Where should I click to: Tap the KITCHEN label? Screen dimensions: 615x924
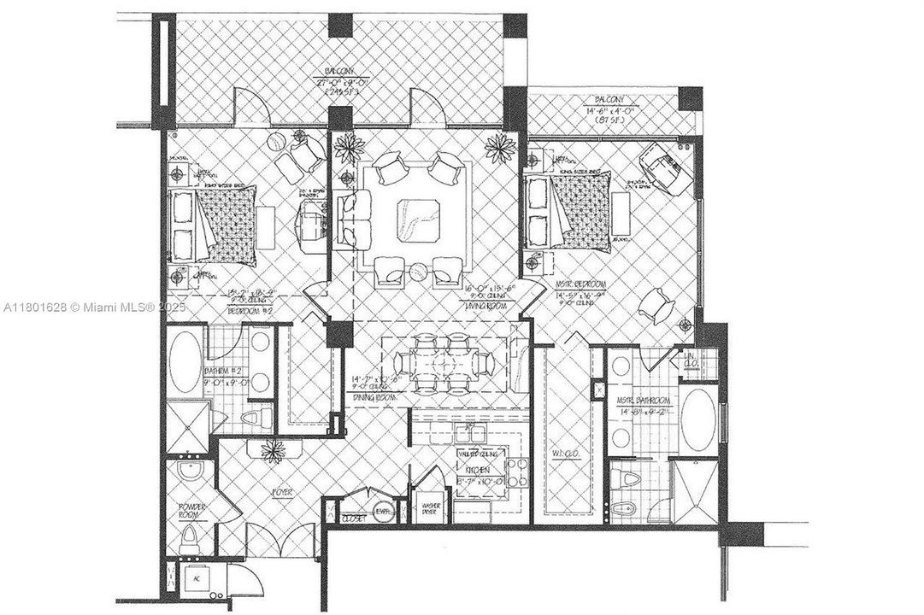475,470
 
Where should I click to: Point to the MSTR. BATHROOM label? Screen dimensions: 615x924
644,400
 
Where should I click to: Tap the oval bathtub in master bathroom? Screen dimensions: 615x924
697,419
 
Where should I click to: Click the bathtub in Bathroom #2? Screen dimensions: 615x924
182,362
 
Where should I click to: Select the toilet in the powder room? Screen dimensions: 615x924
191,537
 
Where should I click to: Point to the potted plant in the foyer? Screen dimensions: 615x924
274,449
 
